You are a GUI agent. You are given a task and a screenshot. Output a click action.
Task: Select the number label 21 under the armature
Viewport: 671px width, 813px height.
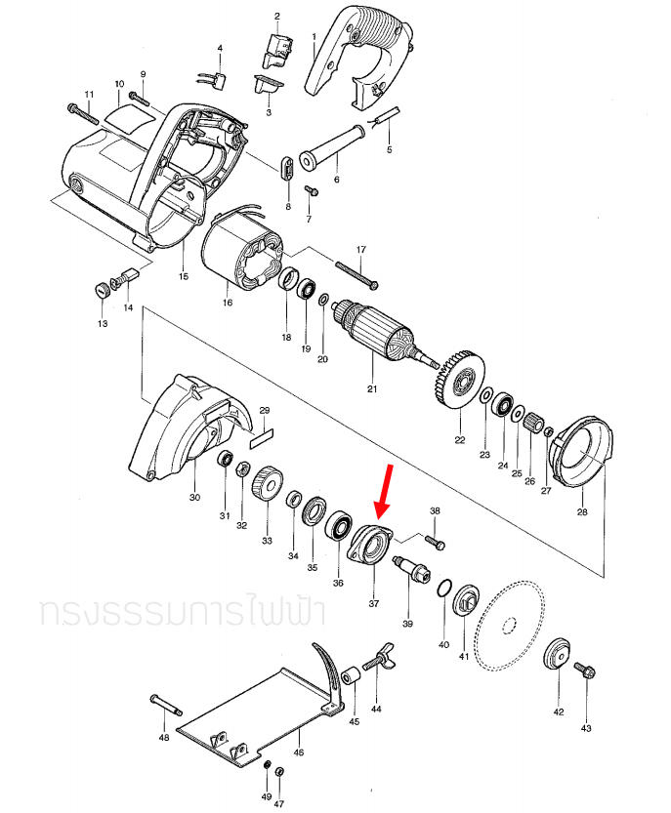371,389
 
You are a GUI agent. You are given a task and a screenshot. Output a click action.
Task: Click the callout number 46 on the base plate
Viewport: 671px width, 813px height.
299,753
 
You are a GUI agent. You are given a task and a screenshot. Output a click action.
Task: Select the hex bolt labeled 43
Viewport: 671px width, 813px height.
585,671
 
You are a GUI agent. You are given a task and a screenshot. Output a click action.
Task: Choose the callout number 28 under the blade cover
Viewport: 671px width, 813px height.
582,511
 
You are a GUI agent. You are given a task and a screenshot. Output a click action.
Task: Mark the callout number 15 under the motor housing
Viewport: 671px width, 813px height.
183,277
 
